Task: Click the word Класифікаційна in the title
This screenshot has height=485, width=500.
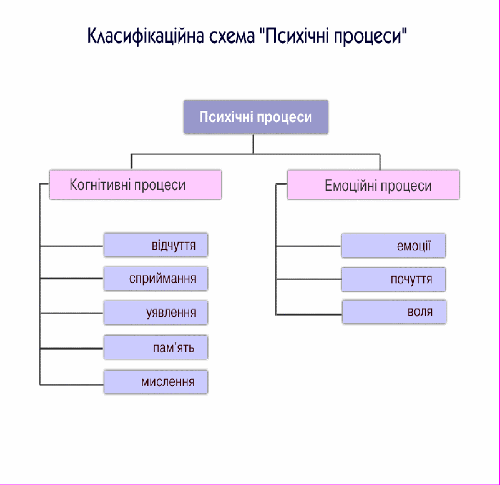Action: (x=146, y=36)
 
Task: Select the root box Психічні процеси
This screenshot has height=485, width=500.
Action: (x=256, y=117)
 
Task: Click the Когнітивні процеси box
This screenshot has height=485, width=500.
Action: (x=135, y=185)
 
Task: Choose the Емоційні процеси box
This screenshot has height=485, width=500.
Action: (x=373, y=185)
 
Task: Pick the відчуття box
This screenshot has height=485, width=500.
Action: (x=156, y=245)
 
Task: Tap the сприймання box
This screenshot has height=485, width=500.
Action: (x=156, y=278)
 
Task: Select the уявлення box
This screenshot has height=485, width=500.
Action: (x=156, y=312)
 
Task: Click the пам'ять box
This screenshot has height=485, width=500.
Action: (x=156, y=347)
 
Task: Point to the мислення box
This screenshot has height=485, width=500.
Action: (x=156, y=382)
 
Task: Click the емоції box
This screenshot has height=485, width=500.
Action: (x=394, y=245)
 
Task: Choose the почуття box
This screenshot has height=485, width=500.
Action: (x=394, y=279)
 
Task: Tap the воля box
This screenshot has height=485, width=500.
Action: (x=394, y=312)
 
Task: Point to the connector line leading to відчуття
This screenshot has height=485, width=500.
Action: (x=72, y=246)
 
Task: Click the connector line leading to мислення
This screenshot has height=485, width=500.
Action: (x=72, y=385)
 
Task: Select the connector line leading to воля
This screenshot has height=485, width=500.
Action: (x=309, y=315)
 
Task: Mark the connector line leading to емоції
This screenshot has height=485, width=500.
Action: (x=308, y=246)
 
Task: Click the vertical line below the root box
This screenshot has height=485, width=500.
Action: (x=253, y=144)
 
